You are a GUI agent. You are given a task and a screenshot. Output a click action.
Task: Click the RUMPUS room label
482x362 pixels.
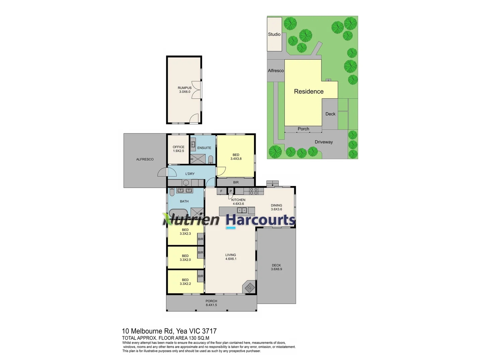point(184,89)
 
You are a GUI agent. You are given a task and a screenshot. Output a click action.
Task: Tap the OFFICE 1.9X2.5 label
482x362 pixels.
point(178,149)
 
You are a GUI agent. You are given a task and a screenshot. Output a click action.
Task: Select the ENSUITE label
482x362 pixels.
point(204,148)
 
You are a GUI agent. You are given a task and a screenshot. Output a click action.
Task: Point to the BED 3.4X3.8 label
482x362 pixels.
point(236,157)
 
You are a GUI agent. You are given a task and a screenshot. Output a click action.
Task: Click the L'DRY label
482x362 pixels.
point(190,174)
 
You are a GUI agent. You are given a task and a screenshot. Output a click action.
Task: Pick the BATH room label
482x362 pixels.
point(184,201)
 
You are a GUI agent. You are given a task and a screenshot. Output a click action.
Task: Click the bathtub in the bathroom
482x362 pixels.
point(178,213)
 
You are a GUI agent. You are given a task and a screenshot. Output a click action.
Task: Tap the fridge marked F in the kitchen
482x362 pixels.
point(221,191)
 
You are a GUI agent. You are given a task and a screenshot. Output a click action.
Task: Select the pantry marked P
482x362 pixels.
point(231,191)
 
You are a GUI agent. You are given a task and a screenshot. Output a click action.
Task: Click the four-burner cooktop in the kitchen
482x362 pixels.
point(254,191)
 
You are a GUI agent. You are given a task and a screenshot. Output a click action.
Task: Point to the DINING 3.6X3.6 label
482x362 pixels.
point(276,207)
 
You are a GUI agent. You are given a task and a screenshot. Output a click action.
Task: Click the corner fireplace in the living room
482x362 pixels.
point(249,287)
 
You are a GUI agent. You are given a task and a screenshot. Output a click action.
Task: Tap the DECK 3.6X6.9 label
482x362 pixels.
point(276,267)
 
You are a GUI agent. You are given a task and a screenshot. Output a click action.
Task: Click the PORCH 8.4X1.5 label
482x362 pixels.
point(211,303)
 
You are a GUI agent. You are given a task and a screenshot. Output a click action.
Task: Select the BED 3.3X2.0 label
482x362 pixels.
point(185,258)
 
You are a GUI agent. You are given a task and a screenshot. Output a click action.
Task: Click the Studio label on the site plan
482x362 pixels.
point(274,34)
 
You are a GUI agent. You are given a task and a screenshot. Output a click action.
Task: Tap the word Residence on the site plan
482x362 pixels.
point(309,92)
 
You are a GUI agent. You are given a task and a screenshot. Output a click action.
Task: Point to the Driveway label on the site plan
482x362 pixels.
point(324,142)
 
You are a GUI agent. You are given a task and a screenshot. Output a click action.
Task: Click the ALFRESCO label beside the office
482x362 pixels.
point(145,159)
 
